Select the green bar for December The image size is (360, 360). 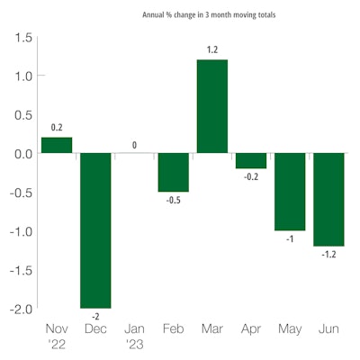coord(95,230)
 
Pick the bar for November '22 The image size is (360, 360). coord(57,145)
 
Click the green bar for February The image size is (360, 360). coord(174,172)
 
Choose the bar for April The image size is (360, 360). coord(251,161)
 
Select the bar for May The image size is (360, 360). coord(290,192)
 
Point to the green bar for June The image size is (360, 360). coord(328,199)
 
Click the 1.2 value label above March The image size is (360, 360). coord(212,50)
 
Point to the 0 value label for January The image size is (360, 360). coord(134,144)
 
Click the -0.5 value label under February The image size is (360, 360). coord(174,201)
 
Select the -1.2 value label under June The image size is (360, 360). coord(328,255)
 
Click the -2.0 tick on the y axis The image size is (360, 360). coord(22,309)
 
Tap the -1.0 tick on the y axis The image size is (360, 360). coord(22,231)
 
